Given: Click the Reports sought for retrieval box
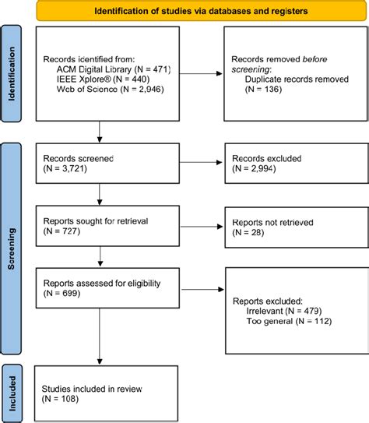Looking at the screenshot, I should [x=99, y=225].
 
